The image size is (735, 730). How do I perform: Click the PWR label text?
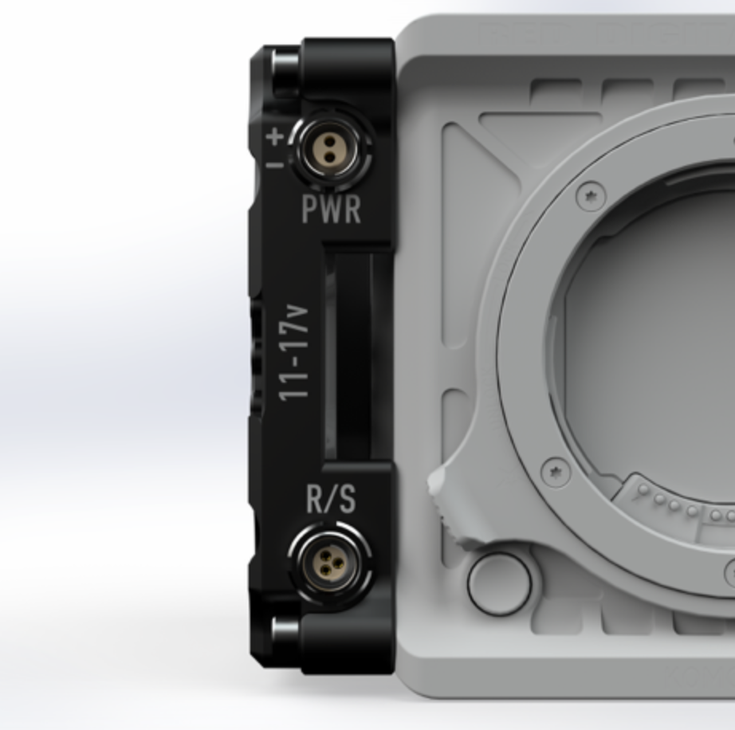(x=332, y=209)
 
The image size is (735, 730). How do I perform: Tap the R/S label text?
(x=332, y=499)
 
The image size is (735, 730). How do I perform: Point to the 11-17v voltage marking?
(x=294, y=353)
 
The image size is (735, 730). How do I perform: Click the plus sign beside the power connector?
(x=275, y=136)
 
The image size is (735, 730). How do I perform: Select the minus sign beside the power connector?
(x=274, y=164)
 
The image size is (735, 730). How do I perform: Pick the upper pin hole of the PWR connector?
(x=330, y=141)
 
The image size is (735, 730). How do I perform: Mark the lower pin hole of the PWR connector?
(x=330, y=158)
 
